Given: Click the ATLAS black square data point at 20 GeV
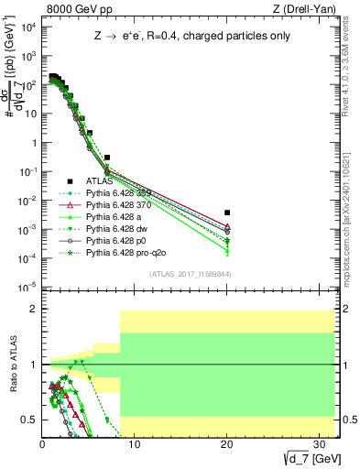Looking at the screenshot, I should point(227,213).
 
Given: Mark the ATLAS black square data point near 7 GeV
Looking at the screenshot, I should point(107,158).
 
